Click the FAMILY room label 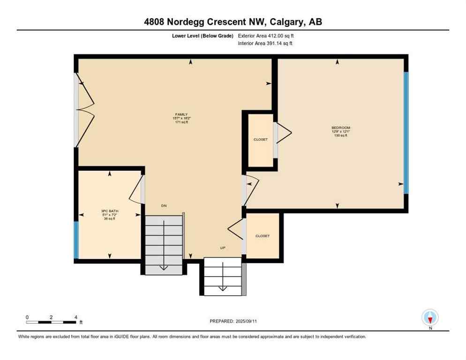pos(181,114)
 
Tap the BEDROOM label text pos(341,128)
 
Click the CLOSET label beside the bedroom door pos(261,139)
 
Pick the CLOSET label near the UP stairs pos(263,236)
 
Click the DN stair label pos(164,206)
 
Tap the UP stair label pos(223,248)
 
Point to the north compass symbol pos(430,318)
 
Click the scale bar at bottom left pos(51,322)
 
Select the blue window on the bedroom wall pos(406,133)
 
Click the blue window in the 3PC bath pos(76,240)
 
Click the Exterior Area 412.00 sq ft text pos(266,36)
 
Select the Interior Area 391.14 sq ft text pos(266,44)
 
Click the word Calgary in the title pos(286,22)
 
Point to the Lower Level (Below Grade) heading pos(203,36)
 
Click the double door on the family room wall pos(83,110)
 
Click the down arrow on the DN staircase pos(164,266)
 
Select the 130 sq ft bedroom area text pos(341,136)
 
